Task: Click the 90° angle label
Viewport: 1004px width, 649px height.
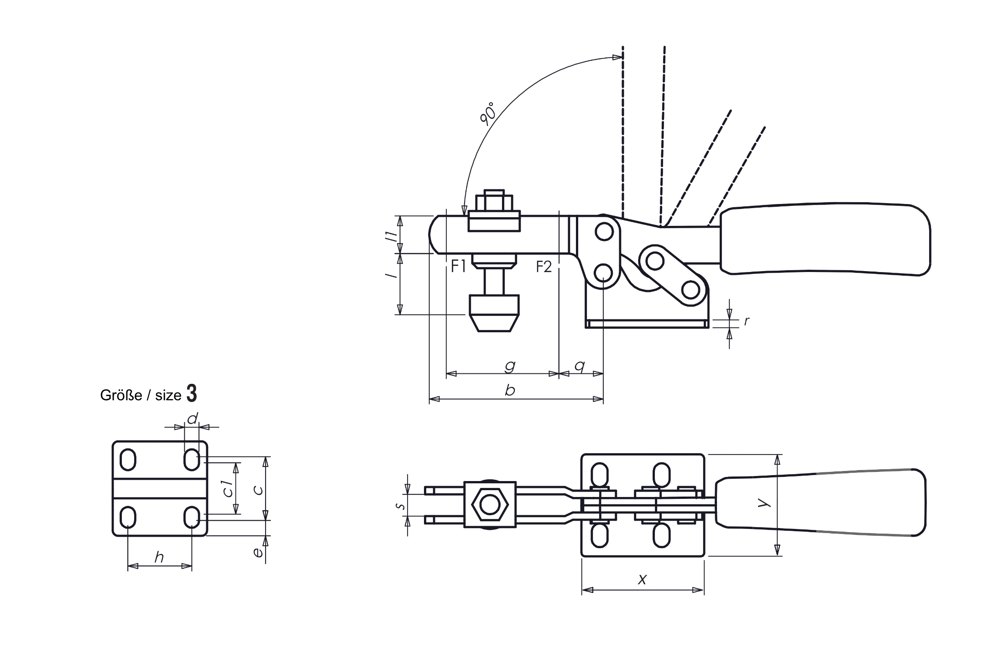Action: (488, 115)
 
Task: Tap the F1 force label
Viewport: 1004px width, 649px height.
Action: (458, 266)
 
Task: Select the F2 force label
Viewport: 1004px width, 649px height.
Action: (544, 267)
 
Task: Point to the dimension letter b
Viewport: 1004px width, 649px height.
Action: (511, 391)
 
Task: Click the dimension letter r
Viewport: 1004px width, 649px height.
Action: (746, 321)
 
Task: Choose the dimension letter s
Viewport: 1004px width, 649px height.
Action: (400, 506)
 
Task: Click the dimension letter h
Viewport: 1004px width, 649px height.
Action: (158, 557)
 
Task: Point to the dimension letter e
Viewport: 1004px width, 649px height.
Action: (258, 552)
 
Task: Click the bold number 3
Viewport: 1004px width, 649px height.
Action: (192, 393)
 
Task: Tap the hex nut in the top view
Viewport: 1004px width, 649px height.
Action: (490, 505)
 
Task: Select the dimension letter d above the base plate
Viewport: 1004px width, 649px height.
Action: (193, 418)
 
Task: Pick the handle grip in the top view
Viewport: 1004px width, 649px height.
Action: (821, 502)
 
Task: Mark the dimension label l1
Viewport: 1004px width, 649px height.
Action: (390, 236)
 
